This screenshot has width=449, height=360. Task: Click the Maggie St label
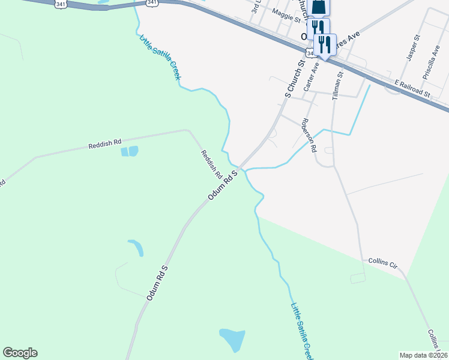(x=286, y=16)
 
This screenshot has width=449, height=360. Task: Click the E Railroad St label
(x=412, y=88)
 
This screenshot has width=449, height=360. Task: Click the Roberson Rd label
(x=309, y=135)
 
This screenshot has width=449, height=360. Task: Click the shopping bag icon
(x=319, y=7)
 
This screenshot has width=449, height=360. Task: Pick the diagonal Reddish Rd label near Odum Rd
(x=211, y=164)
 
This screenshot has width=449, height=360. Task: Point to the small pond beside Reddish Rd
(x=130, y=151)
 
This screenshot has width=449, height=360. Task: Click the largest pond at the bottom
(x=232, y=340)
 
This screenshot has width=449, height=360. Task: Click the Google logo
(x=20, y=353)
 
